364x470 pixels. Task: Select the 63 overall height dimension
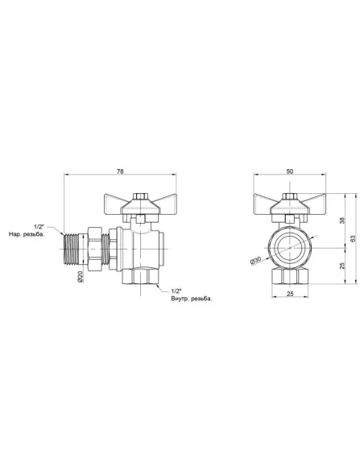(x=353, y=237)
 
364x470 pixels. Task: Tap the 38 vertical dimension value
(x=342, y=221)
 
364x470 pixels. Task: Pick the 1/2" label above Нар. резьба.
(x=39, y=228)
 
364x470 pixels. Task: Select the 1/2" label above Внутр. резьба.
(x=177, y=291)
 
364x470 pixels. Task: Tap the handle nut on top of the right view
(x=288, y=196)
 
